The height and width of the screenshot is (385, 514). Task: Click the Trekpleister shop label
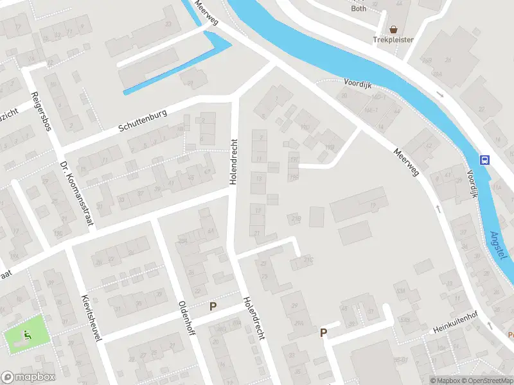click(x=393, y=40)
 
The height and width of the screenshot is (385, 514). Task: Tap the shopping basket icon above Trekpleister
click(x=393, y=29)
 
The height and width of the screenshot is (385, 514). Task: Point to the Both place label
click(x=359, y=8)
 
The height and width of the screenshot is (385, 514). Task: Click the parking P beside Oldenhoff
click(x=213, y=307)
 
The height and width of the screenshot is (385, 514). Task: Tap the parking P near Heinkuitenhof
click(x=324, y=332)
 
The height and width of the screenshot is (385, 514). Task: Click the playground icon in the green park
click(x=26, y=334)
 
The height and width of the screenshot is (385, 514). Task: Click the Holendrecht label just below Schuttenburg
click(x=234, y=161)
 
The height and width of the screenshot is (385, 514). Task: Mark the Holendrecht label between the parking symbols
click(x=254, y=319)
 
